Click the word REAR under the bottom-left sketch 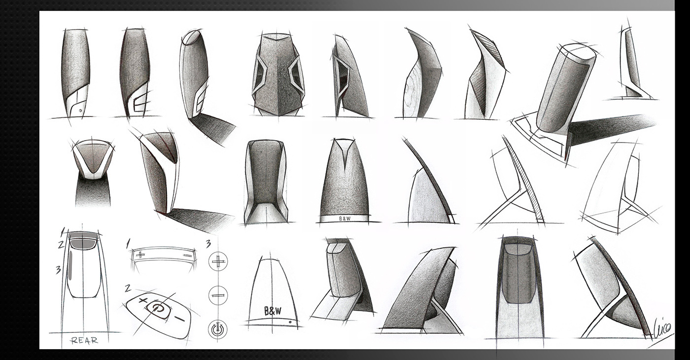pos(84,340)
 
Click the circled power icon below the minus pos(217,329)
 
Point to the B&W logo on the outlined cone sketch pos(273,311)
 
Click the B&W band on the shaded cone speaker pos(345,218)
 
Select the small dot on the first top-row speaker pos(80,111)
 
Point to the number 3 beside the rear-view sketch pos(58,269)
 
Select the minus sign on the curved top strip pos(186,256)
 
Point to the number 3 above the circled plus pos(208,243)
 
